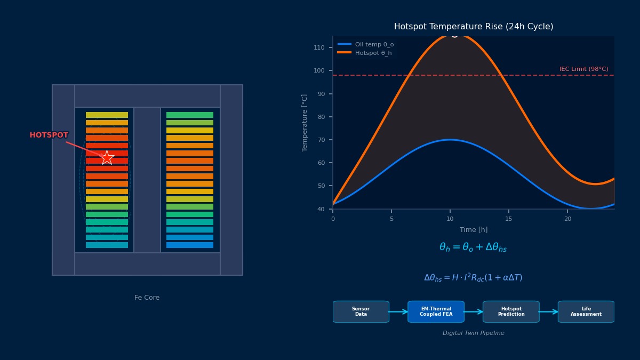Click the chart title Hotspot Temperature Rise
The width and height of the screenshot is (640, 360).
474,27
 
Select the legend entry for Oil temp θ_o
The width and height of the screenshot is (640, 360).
374,44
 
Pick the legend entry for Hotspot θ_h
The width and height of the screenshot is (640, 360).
373,53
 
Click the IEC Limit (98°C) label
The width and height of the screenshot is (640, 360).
583,69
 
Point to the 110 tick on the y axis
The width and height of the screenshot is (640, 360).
319,47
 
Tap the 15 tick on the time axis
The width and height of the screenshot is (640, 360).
509,219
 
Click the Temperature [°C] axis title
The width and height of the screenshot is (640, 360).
305,123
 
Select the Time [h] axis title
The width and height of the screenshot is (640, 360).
474,230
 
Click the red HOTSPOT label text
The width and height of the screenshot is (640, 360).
49,135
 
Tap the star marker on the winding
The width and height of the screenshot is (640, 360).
107,157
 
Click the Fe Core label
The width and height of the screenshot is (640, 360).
147,298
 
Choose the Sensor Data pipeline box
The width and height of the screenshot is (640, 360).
361,312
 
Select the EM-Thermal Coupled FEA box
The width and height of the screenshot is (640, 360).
436,312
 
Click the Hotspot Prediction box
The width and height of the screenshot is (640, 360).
511,312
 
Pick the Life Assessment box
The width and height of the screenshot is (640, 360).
586,312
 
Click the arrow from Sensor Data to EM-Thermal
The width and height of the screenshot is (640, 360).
398,312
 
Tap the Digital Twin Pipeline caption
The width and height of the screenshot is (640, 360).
473,333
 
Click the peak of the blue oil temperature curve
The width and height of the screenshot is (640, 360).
450,140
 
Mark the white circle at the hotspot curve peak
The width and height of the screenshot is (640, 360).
454,35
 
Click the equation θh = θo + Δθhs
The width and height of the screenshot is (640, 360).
473,247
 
